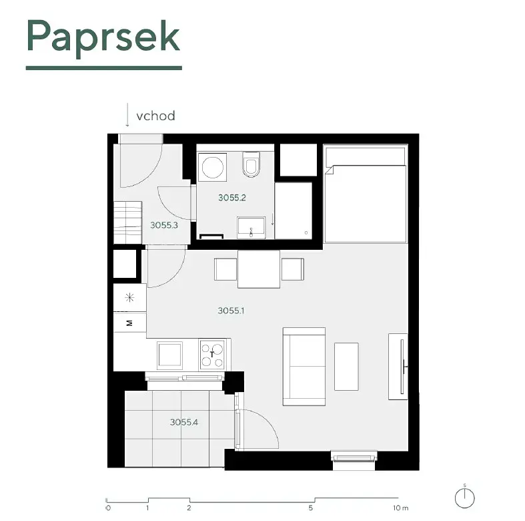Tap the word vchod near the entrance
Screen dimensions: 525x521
click(x=155, y=116)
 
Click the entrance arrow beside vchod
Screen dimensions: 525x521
click(x=127, y=115)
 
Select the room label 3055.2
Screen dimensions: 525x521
click(x=232, y=198)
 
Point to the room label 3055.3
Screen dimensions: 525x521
click(x=164, y=225)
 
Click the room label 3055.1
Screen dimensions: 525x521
click(x=231, y=311)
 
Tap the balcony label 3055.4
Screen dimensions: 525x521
click(x=184, y=421)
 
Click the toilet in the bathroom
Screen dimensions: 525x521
click(x=251, y=164)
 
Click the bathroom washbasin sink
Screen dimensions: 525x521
click(x=251, y=228)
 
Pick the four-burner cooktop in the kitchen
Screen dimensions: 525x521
click(x=212, y=355)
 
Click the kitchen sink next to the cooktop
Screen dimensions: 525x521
click(x=169, y=355)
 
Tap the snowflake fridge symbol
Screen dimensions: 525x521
click(x=129, y=297)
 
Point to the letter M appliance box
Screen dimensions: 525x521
click(x=130, y=323)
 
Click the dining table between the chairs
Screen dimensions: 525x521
click(x=259, y=269)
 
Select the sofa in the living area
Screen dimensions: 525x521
click(x=304, y=367)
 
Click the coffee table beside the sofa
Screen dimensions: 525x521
click(x=346, y=367)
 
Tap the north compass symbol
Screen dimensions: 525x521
click(x=465, y=498)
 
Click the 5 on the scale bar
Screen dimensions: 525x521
click(x=311, y=508)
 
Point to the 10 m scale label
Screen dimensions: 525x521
click(x=401, y=508)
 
